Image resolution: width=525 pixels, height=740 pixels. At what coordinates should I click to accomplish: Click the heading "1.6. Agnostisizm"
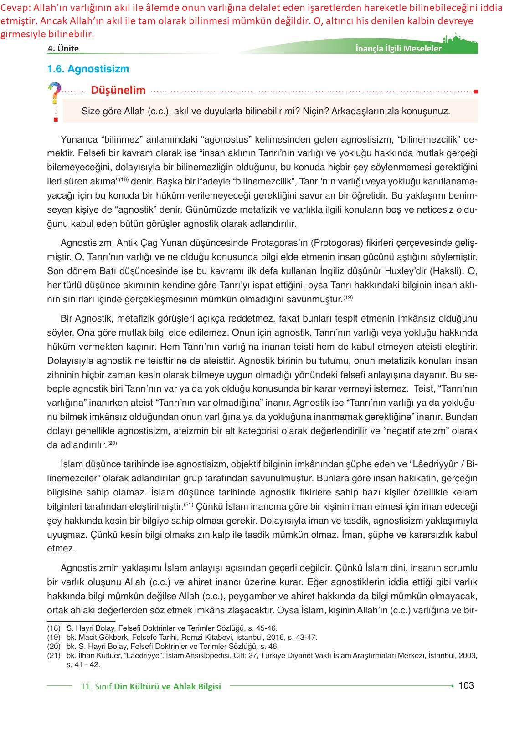point(88,69)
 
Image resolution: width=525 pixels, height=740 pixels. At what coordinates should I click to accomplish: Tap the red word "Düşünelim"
point(118,90)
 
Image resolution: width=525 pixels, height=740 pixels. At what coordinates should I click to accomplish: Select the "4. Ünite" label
point(63,49)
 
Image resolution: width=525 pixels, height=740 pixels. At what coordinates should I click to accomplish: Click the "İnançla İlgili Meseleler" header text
point(398,49)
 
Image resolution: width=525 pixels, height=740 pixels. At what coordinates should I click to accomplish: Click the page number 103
point(466,685)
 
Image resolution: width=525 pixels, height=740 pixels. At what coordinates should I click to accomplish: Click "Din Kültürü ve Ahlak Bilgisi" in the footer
point(167,686)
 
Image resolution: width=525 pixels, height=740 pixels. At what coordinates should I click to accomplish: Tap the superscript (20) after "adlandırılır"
point(113,443)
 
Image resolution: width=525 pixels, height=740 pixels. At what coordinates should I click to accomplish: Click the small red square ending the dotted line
point(476,92)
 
